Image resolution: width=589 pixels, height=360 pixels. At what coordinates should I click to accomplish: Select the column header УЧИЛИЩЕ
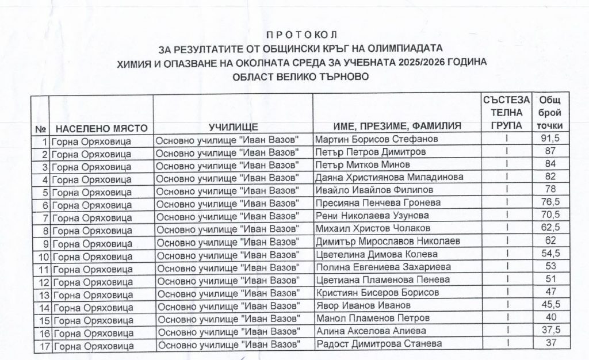coord(234,127)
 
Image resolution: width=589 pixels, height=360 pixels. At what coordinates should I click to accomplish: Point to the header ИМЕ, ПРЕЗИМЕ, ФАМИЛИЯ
coord(398,127)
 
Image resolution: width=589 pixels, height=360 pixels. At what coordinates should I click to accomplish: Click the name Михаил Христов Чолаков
coord(374,228)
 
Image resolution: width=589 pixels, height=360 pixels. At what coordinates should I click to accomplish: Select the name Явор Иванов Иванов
coord(364,305)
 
